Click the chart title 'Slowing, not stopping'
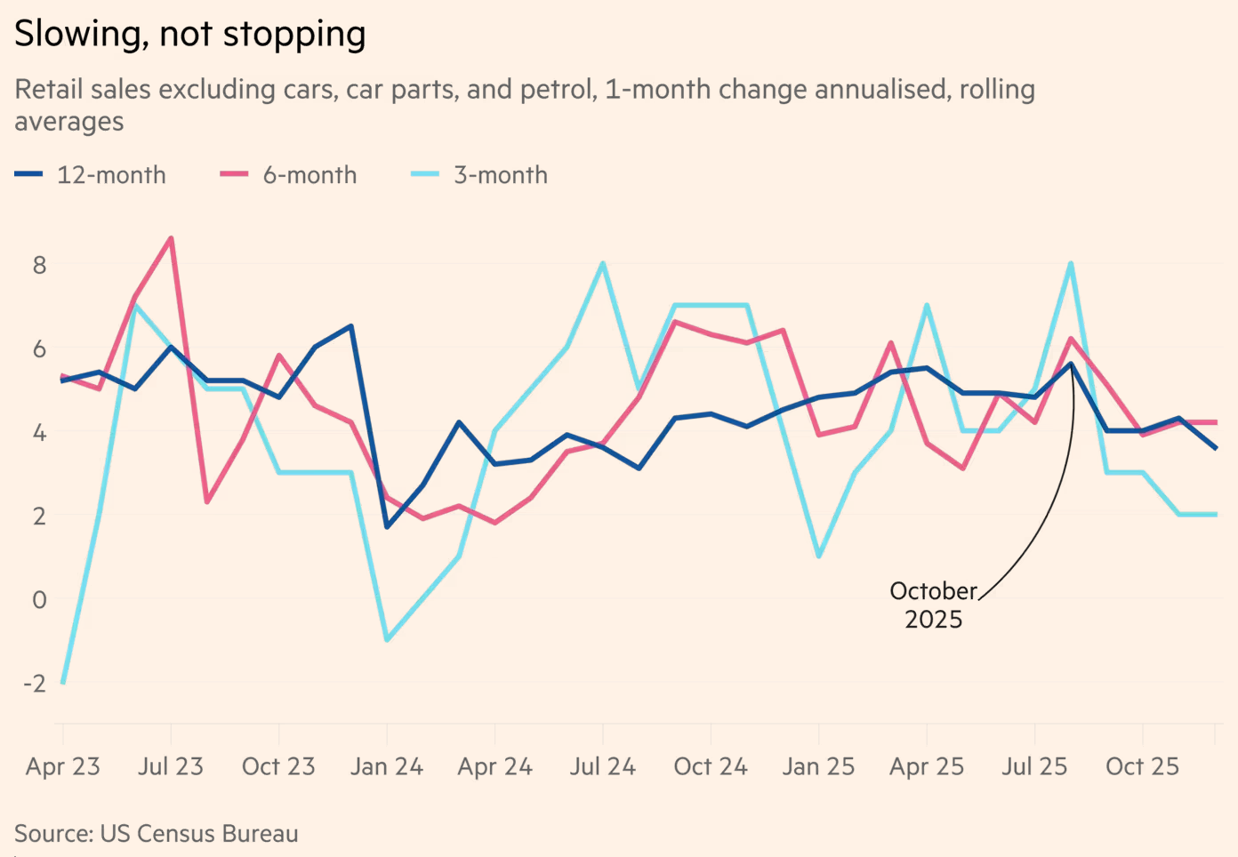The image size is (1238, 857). pyautogui.click(x=189, y=34)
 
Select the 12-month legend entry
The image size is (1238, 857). pyautogui.click(x=91, y=175)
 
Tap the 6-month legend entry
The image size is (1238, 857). pyautogui.click(x=289, y=175)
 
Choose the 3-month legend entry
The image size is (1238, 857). pyautogui.click(x=480, y=175)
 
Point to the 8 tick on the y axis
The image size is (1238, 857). pyautogui.click(x=39, y=265)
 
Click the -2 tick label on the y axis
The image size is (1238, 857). pyautogui.click(x=35, y=683)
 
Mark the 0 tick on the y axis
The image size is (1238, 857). pyautogui.click(x=39, y=600)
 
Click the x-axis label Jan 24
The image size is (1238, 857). pyautogui.click(x=387, y=766)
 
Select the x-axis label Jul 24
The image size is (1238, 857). pyautogui.click(x=603, y=766)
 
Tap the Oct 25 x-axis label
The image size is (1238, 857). pyautogui.click(x=1142, y=766)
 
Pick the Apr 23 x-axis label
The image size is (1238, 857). pyautogui.click(x=63, y=766)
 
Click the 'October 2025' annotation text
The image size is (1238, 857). pyautogui.click(x=933, y=605)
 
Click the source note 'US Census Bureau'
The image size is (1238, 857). pyautogui.click(x=198, y=834)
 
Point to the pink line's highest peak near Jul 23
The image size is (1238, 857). pyautogui.click(x=171, y=238)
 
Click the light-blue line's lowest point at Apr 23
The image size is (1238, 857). pyautogui.click(x=63, y=682)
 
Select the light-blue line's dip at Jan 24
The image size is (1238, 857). pyautogui.click(x=387, y=640)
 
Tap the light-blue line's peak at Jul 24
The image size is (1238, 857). pyautogui.click(x=603, y=264)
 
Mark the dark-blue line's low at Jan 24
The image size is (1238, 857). pyautogui.click(x=387, y=527)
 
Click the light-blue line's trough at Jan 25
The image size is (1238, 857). pyautogui.click(x=818, y=557)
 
